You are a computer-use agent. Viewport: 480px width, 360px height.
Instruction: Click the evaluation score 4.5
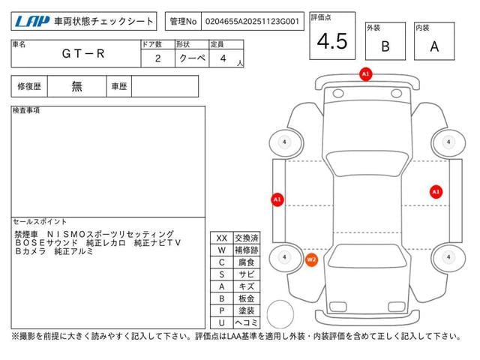click(332, 42)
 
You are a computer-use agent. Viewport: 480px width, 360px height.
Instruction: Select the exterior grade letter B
click(385, 46)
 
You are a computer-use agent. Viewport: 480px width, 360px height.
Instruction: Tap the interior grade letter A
click(435, 46)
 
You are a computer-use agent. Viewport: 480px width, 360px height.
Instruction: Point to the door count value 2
click(157, 58)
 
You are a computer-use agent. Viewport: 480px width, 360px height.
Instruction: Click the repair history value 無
click(76, 86)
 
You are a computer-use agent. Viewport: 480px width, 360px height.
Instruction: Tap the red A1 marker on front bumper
click(365, 75)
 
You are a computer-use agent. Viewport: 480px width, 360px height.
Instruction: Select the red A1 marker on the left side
click(277, 199)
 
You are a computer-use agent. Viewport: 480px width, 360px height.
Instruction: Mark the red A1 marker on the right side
click(436, 191)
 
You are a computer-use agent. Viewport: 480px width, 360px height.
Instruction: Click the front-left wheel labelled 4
click(283, 142)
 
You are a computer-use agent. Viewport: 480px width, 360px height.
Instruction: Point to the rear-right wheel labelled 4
click(448, 257)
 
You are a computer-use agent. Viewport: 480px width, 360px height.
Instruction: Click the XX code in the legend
click(221, 238)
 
